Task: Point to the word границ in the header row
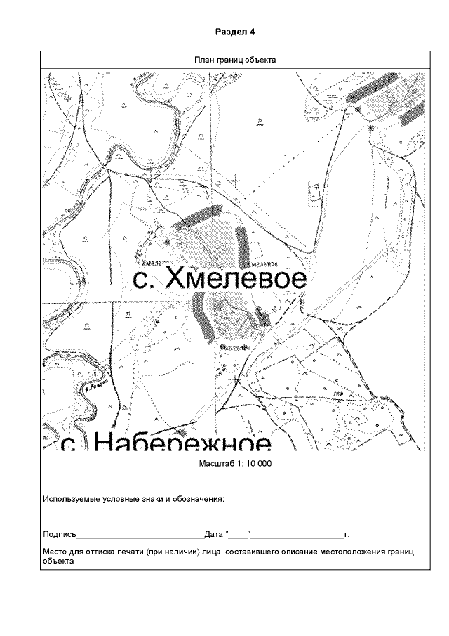pyautogui.click(x=230, y=60)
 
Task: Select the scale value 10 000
pyautogui.click(x=258, y=464)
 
